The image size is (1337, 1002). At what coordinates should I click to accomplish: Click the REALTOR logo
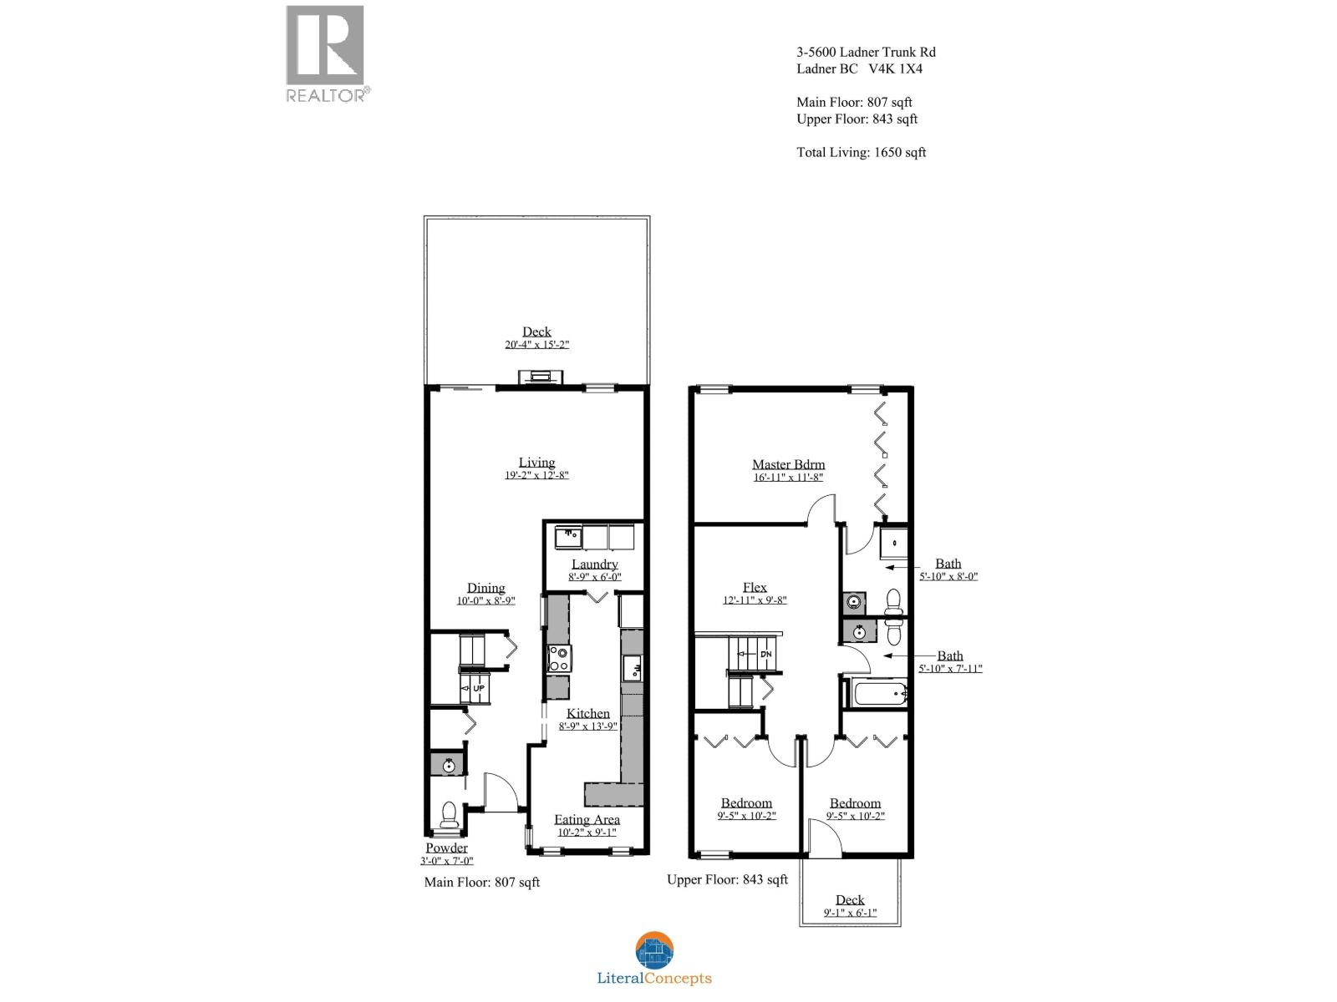[x=326, y=52]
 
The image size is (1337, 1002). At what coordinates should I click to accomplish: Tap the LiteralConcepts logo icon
[x=654, y=951]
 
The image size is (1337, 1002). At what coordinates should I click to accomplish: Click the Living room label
[x=536, y=462]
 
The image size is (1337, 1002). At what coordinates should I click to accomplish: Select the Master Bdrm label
[x=788, y=464]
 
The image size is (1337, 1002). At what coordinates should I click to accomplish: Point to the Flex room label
[x=755, y=587]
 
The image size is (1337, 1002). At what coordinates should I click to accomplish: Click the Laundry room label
[x=595, y=564]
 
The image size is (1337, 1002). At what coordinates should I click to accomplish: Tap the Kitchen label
[x=588, y=713]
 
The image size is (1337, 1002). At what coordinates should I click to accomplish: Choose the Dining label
[x=485, y=588]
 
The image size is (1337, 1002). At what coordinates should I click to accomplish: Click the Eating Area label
[x=587, y=819]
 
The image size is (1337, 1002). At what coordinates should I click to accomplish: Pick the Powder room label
[x=446, y=848]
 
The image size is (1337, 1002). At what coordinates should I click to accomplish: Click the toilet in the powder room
[x=449, y=814]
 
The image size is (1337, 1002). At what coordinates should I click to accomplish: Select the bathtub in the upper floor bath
[x=878, y=693]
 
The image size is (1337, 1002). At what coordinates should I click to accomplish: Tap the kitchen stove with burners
[x=557, y=658]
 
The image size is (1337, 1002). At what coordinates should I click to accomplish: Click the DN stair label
[x=765, y=654]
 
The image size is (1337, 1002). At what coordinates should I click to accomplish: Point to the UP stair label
[x=478, y=688]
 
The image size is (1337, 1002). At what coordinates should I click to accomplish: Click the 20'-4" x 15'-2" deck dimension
[x=536, y=344]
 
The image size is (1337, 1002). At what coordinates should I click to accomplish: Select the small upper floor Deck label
[x=850, y=899]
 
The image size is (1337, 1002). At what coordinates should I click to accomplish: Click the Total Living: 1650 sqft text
[x=861, y=152]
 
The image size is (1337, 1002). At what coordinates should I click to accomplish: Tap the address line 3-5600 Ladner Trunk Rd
[x=866, y=52]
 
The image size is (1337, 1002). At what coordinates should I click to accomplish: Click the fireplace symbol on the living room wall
[x=537, y=378]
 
